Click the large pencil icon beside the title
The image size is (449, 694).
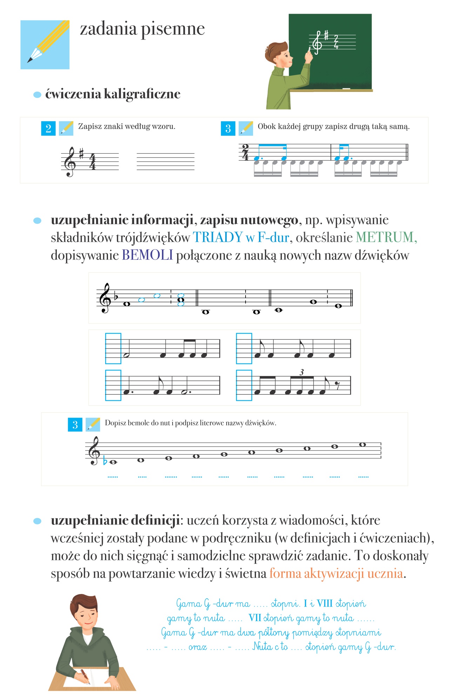coord(45,45)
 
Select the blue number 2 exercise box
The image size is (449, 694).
coord(48,128)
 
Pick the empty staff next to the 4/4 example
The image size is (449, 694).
coord(165,161)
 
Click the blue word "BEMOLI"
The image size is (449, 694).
coord(147,255)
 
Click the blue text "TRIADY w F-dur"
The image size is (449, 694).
coord(241,238)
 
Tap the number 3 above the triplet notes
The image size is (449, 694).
coord(301,372)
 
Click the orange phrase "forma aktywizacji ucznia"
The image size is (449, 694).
coord(336,573)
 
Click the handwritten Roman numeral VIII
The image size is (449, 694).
coord(324,603)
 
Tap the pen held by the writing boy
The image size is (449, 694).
coord(85,676)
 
